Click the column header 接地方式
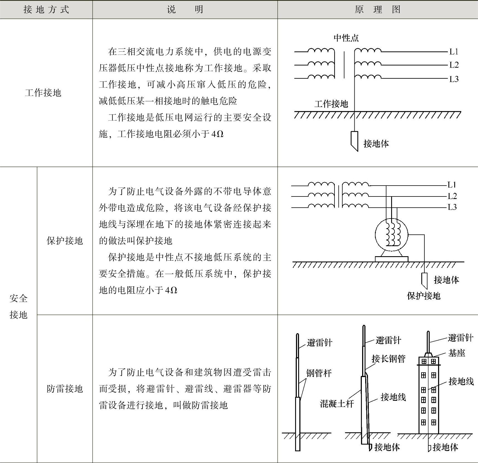[46, 9]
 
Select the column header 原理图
[377, 9]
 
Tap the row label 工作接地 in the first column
[43, 93]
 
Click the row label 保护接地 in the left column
[65, 241]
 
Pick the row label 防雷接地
[65, 388]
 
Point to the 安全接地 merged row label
[18, 306]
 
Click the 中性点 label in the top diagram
[346, 38]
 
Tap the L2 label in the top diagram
[454, 65]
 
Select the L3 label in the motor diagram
[452, 207]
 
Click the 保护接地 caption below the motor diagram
[424, 296]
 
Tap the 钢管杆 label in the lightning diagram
[319, 373]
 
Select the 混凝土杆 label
[337, 404]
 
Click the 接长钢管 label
[388, 359]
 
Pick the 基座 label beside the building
[457, 353]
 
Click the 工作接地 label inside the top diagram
[331, 104]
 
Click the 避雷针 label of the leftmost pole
[319, 343]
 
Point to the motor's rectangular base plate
[391, 259]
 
